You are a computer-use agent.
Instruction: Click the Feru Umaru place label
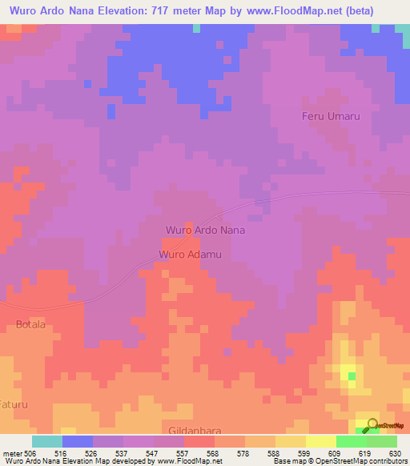330,116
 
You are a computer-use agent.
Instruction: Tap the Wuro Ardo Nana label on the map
205,230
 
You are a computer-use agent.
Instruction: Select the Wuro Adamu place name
190,255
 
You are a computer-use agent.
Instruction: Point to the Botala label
31,324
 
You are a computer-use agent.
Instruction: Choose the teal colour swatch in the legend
46,441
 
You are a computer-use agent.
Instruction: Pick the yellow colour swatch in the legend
320,441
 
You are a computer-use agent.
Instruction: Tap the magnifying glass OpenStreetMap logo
371,424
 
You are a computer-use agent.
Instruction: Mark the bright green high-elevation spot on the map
351,374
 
